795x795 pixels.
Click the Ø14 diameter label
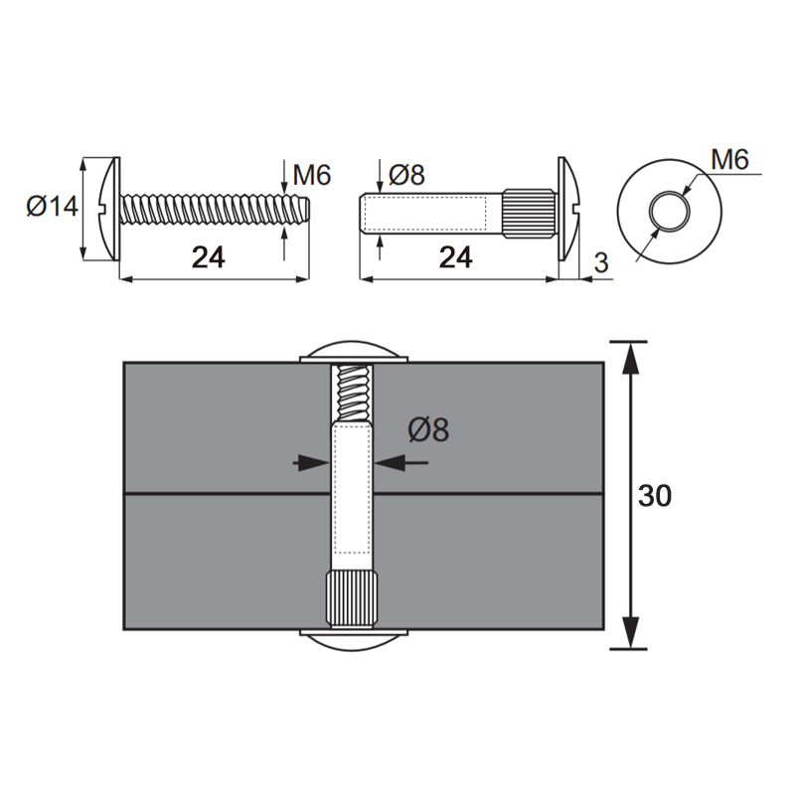53,207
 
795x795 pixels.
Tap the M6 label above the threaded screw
312,176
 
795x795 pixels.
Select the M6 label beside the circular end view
729,160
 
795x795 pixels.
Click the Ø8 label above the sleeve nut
406,175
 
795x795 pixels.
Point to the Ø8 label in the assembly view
428,430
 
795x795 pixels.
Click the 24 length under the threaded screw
209,257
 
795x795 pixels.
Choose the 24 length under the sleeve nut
456,257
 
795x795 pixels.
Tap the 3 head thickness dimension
601,263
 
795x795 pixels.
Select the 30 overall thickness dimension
655,496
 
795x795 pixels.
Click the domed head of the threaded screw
107,209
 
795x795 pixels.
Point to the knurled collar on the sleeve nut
530,212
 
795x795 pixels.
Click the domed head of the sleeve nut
567,209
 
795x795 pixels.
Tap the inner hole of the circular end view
670,212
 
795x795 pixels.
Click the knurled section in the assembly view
352,599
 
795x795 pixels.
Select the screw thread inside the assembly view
352,393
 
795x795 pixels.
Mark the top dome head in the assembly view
354,352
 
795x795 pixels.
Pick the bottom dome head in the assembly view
354,640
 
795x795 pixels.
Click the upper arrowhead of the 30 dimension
629,358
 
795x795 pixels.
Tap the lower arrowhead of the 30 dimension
629,633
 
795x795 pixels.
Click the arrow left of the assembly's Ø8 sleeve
311,463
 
